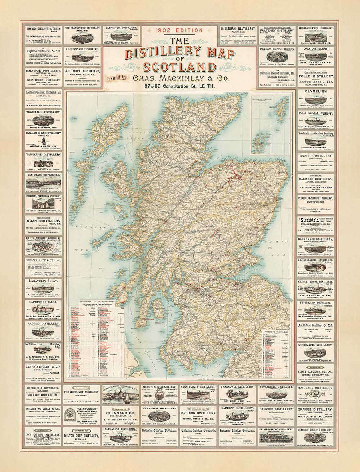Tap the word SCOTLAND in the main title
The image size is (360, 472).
(180, 66)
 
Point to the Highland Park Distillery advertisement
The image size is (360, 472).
(315, 36)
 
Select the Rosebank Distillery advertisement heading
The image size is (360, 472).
(315, 388)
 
